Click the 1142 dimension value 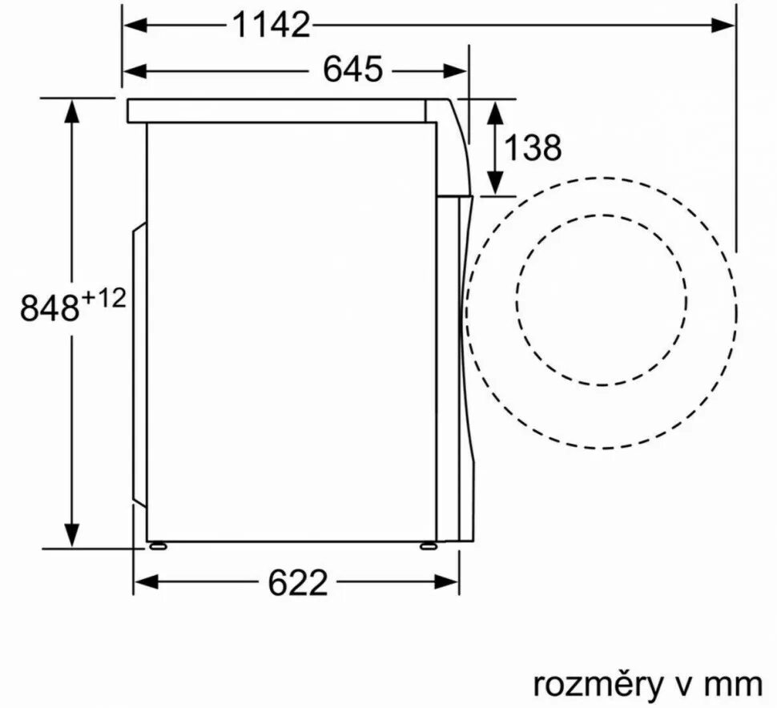point(271,25)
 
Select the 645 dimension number point(352,69)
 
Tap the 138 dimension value point(533,147)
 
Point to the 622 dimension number point(298,582)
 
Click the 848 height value point(50,308)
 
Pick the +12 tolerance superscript point(103,300)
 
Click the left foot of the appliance point(158,545)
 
